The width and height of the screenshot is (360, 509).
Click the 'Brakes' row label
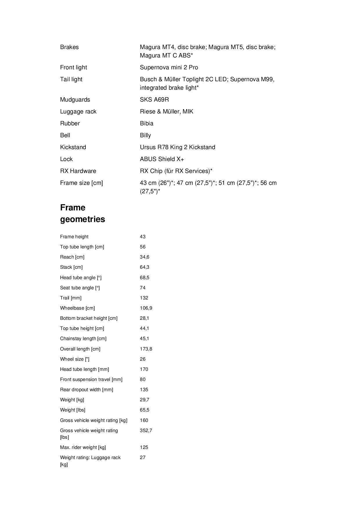69,47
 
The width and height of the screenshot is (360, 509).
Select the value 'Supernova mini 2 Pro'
169,67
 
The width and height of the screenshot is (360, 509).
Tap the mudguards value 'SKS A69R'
154,100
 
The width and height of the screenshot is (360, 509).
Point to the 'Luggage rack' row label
78,111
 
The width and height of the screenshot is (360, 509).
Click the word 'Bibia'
146,123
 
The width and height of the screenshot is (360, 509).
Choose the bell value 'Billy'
145,135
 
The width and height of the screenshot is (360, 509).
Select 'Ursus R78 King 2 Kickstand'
177,147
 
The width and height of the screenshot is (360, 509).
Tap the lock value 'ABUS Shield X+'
162,159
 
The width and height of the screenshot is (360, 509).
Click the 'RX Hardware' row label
78,171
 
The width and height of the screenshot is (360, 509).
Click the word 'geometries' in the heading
82,219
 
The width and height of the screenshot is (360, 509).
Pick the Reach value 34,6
144,257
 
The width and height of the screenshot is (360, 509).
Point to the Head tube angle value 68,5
144,277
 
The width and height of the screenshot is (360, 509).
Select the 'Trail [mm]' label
71,298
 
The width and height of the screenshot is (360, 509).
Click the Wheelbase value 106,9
146,308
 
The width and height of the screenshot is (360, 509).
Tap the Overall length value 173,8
146,349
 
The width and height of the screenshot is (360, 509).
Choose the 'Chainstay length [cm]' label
83,339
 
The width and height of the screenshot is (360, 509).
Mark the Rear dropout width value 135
144,389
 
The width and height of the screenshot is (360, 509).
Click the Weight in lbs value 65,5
144,410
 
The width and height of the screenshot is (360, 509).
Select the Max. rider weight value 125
144,447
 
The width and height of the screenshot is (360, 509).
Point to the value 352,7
146,430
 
